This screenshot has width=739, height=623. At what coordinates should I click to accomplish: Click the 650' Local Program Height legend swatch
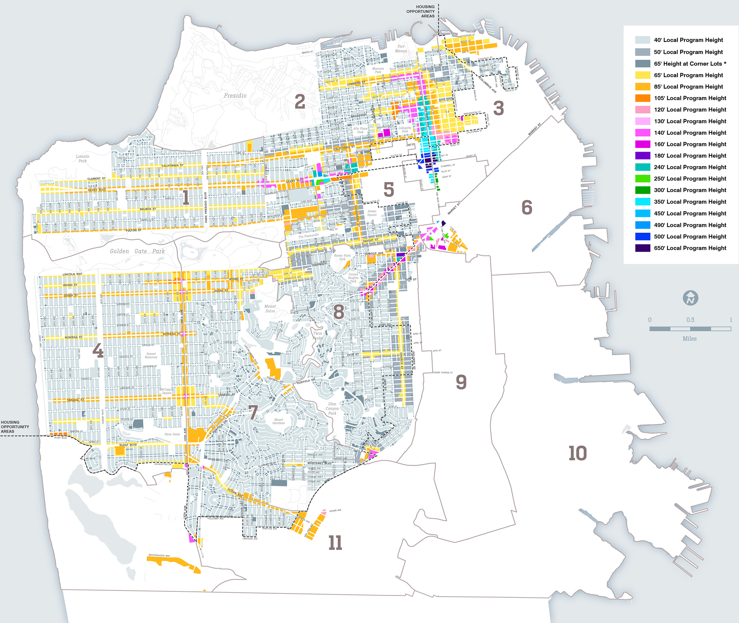coord(642,248)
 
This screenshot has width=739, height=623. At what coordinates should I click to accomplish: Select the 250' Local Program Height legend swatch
coord(642,179)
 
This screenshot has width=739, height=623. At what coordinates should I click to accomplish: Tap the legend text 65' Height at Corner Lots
coord(690,63)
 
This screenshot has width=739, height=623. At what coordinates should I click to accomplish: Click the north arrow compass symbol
coord(690,298)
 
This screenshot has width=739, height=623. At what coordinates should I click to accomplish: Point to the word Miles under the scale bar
coord(689,339)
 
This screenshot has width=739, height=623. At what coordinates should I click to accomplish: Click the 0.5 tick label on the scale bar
coord(690,320)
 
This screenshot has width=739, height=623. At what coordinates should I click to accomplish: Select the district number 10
coord(577,453)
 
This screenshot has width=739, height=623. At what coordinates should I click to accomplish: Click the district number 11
coord(335,543)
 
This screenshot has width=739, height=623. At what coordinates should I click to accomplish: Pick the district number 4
coord(98,351)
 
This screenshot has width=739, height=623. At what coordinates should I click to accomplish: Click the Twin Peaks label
coord(318,336)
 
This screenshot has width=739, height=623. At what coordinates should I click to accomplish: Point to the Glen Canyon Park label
coord(332,409)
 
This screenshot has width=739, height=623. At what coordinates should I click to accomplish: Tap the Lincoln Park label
coord(82,159)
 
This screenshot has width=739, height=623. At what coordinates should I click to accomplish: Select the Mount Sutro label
coord(270,309)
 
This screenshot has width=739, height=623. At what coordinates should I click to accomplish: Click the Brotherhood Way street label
coord(159,556)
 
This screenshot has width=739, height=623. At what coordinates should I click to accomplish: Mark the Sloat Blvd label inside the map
coord(128,445)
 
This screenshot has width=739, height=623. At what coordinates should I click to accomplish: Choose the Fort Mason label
coord(401,49)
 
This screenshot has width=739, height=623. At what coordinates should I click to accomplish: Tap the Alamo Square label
coord(372,213)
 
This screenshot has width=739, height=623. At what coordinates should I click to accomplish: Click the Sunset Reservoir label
coord(151,355)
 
